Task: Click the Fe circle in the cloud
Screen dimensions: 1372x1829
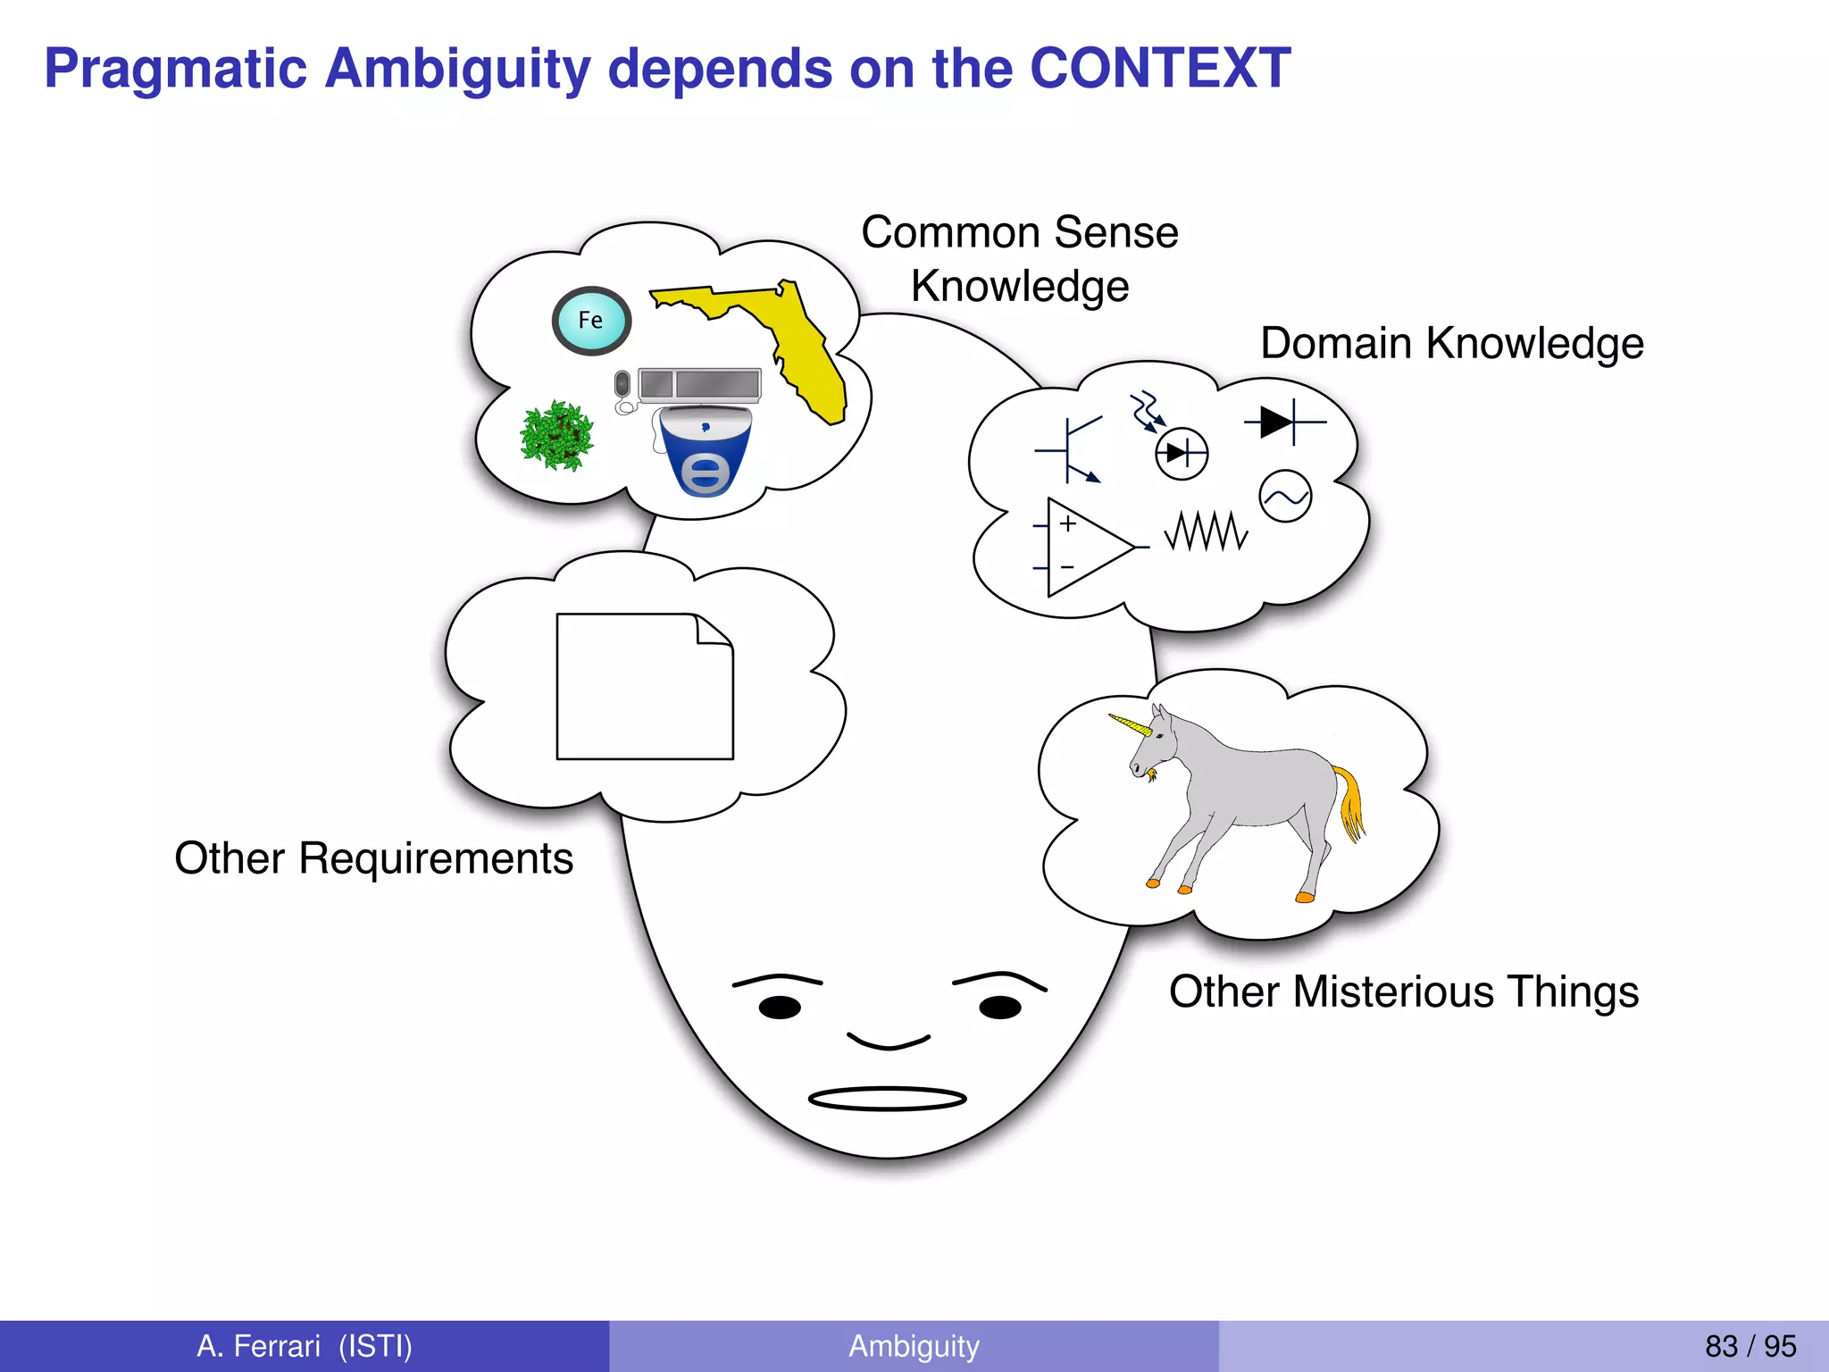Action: (x=591, y=321)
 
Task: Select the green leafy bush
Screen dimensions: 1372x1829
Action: (x=557, y=436)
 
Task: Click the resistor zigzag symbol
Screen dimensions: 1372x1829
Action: (x=1206, y=531)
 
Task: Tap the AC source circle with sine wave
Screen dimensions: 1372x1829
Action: (x=1285, y=496)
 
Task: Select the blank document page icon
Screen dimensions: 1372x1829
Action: (x=645, y=686)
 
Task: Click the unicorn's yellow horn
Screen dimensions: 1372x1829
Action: (x=1130, y=724)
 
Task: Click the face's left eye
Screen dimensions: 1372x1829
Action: (x=780, y=1008)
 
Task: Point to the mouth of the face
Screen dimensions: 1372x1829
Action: (x=887, y=1099)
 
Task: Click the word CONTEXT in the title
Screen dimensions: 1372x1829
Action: (x=1160, y=69)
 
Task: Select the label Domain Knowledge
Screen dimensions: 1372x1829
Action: (x=1451, y=344)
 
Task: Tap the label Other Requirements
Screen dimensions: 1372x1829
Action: (x=373, y=858)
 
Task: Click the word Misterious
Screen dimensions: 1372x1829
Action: (x=1393, y=991)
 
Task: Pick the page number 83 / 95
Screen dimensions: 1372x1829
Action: (x=1750, y=1346)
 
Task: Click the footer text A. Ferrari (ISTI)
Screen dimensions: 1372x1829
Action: (x=305, y=1346)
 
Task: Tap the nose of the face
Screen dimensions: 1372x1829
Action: (x=888, y=1042)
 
